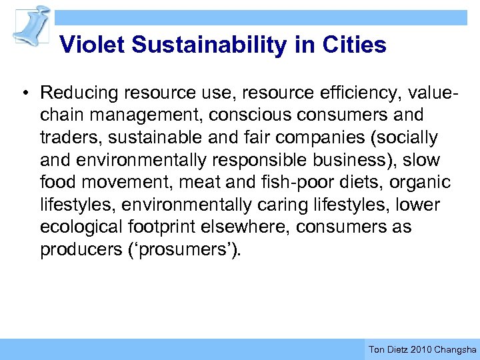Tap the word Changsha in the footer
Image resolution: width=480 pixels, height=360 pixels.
click(x=455, y=349)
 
